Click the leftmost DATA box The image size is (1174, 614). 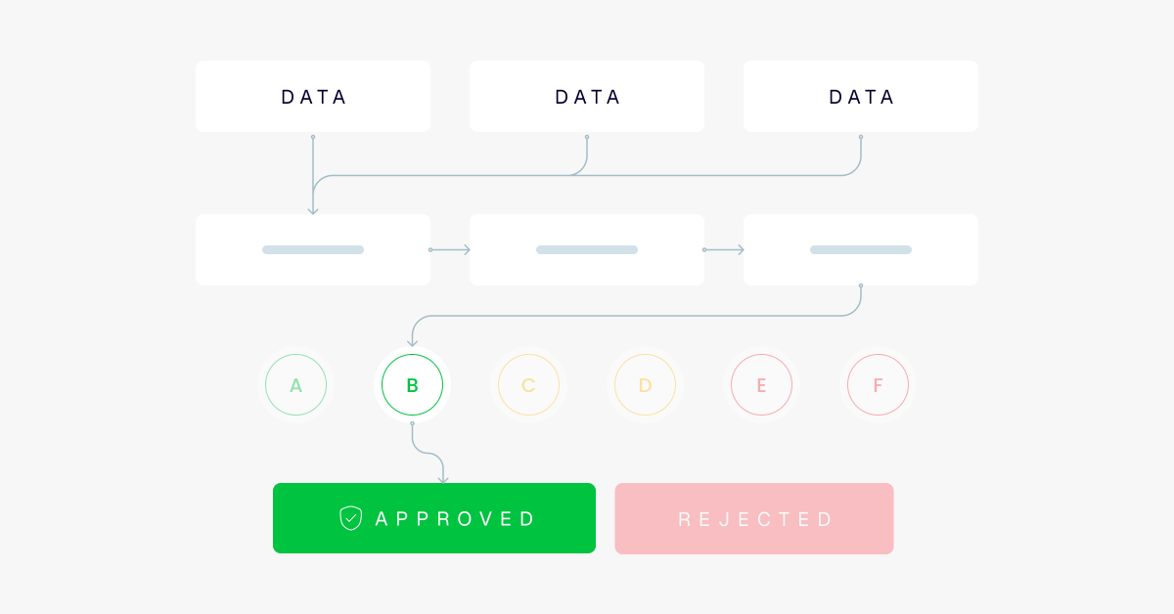[313, 97]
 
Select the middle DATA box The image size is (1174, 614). [587, 97]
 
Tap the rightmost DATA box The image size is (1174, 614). [861, 97]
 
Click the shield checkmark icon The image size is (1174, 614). [350, 518]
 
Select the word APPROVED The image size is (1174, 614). [455, 518]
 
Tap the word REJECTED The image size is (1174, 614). [754, 519]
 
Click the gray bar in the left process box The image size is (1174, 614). [313, 250]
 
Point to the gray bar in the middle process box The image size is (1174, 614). [587, 250]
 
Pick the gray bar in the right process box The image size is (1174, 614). [861, 250]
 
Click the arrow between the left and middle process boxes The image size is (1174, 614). [450, 250]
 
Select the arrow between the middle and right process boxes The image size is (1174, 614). [724, 250]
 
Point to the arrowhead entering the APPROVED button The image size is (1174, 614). [443, 479]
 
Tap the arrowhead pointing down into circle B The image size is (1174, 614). [413, 342]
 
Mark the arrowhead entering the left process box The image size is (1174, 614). [313, 210]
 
